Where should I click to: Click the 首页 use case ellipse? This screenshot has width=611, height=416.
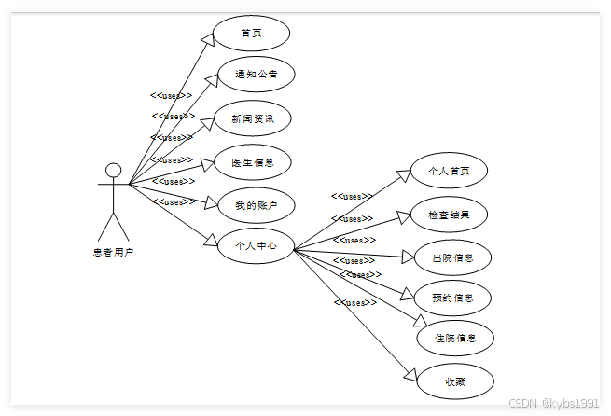point(251,34)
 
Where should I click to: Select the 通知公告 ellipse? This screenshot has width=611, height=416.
point(256,75)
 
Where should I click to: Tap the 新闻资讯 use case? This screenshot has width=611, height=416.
point(253,118)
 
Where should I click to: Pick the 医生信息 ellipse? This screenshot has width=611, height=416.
point(253,162)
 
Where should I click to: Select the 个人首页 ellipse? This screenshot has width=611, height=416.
point(449,171)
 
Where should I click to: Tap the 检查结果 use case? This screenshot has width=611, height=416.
point(449,215)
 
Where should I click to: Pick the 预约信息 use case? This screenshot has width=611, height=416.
point(453,298)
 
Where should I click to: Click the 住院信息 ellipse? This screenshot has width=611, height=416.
point(455,338)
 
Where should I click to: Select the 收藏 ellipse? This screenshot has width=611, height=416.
point(454,381)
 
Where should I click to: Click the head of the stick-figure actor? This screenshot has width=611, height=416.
point(114,170)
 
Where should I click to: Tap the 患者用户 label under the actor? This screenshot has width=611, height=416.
point(113,252)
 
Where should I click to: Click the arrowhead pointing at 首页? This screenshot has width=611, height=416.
point(207,36)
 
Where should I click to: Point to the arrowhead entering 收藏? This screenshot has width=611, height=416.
point(411,374)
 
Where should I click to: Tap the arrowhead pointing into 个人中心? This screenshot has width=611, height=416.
point(211,243)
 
